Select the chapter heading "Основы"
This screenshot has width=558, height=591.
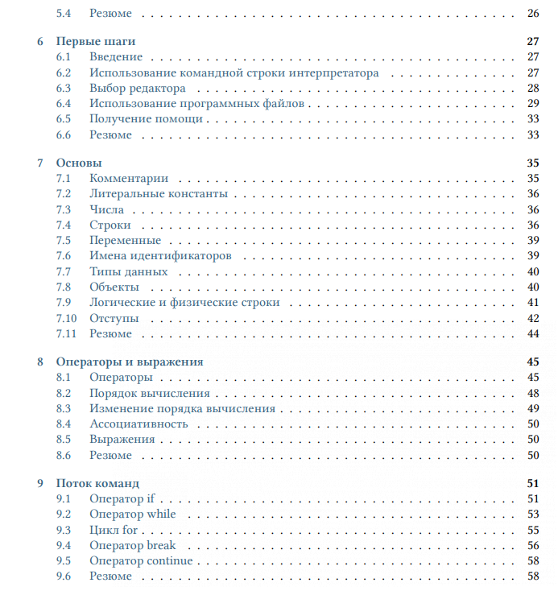(79, 163)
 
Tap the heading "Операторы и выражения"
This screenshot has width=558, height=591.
(130, 362)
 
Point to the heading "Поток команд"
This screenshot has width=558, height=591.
(98, 483)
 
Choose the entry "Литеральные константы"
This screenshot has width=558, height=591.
(159, 194)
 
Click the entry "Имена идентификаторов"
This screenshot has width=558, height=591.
(160, 256)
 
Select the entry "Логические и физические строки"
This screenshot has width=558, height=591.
(184, 303)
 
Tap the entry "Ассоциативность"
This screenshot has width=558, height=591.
(138, 424)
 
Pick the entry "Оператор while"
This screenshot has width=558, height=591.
(132, 514)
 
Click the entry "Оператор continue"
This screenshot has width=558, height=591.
(141, 560)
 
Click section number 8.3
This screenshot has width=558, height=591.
(64, 408)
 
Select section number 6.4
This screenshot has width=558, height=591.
(64, 104)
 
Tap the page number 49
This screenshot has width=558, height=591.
(532, 408)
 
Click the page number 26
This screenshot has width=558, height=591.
(532, 14)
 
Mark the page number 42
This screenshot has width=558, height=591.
(532, 318)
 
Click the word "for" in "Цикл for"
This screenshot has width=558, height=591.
(130, 530)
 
